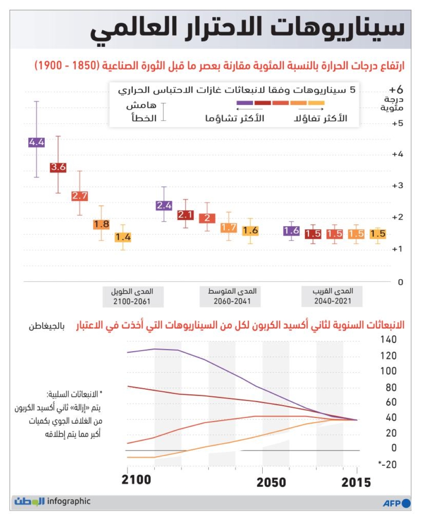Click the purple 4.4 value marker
pos(37,143)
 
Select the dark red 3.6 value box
pos(58,167)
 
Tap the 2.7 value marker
pos(80,196)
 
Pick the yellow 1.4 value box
pos(123,237)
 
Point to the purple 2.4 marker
pos(164,206)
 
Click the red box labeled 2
pos(207,218)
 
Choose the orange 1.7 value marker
pos(228,228)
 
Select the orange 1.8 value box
pos(101,225)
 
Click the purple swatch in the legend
pos(244,103)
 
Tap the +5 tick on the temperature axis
pos(397,124)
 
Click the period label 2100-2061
pos(132,301)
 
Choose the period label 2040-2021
pos(332,301)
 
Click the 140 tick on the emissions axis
pos(388,339)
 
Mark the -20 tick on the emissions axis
pos(387,464)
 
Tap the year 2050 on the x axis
pos(271,482)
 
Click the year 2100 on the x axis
pos(136,480)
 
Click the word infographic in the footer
pos(69,502)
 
